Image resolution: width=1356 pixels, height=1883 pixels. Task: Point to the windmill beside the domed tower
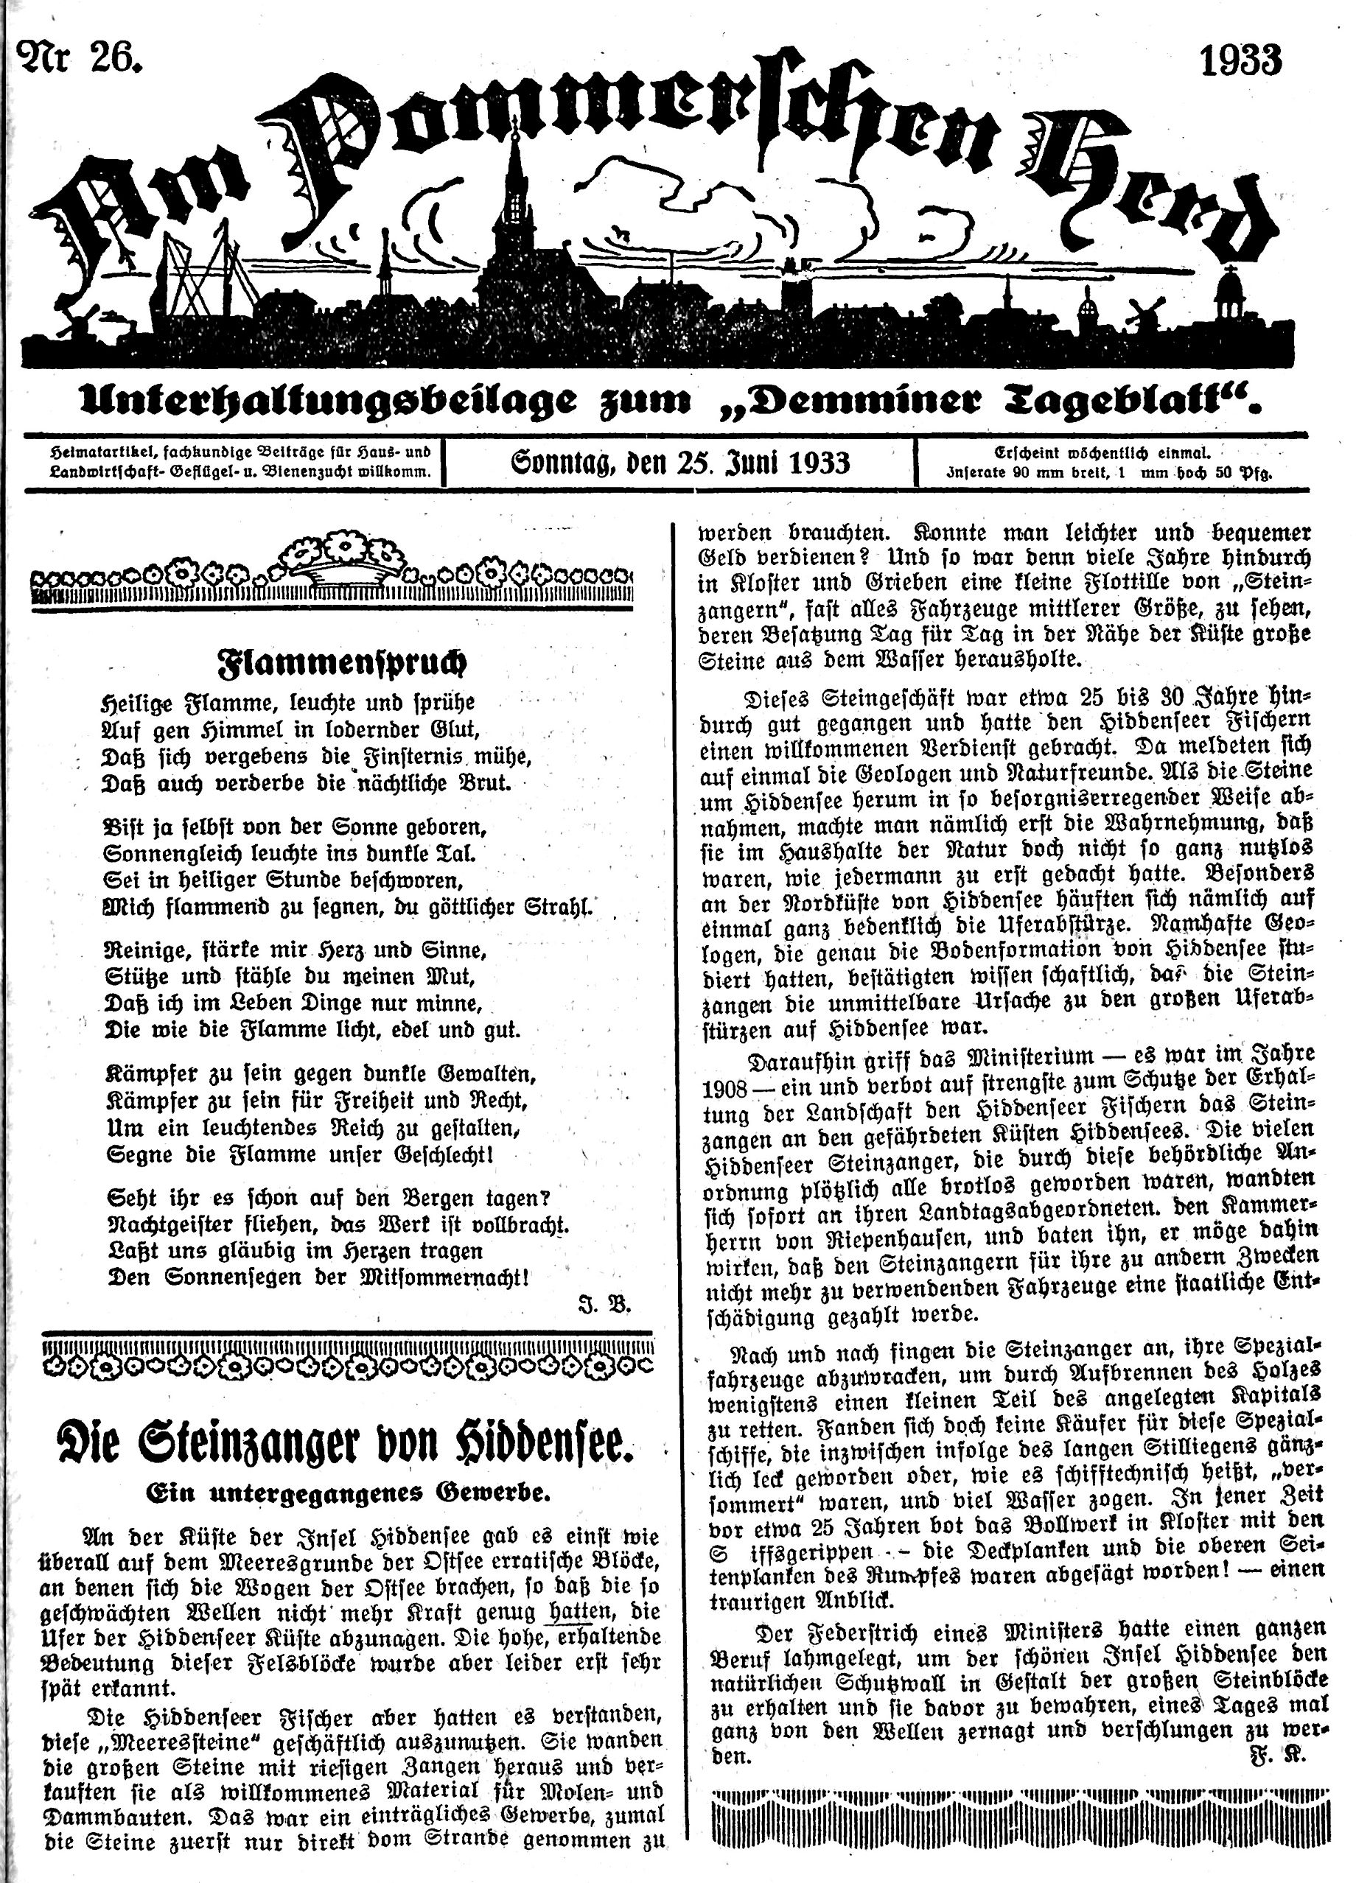pos(1144,313)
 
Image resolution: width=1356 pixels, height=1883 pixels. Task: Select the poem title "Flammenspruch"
pos(341,662)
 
